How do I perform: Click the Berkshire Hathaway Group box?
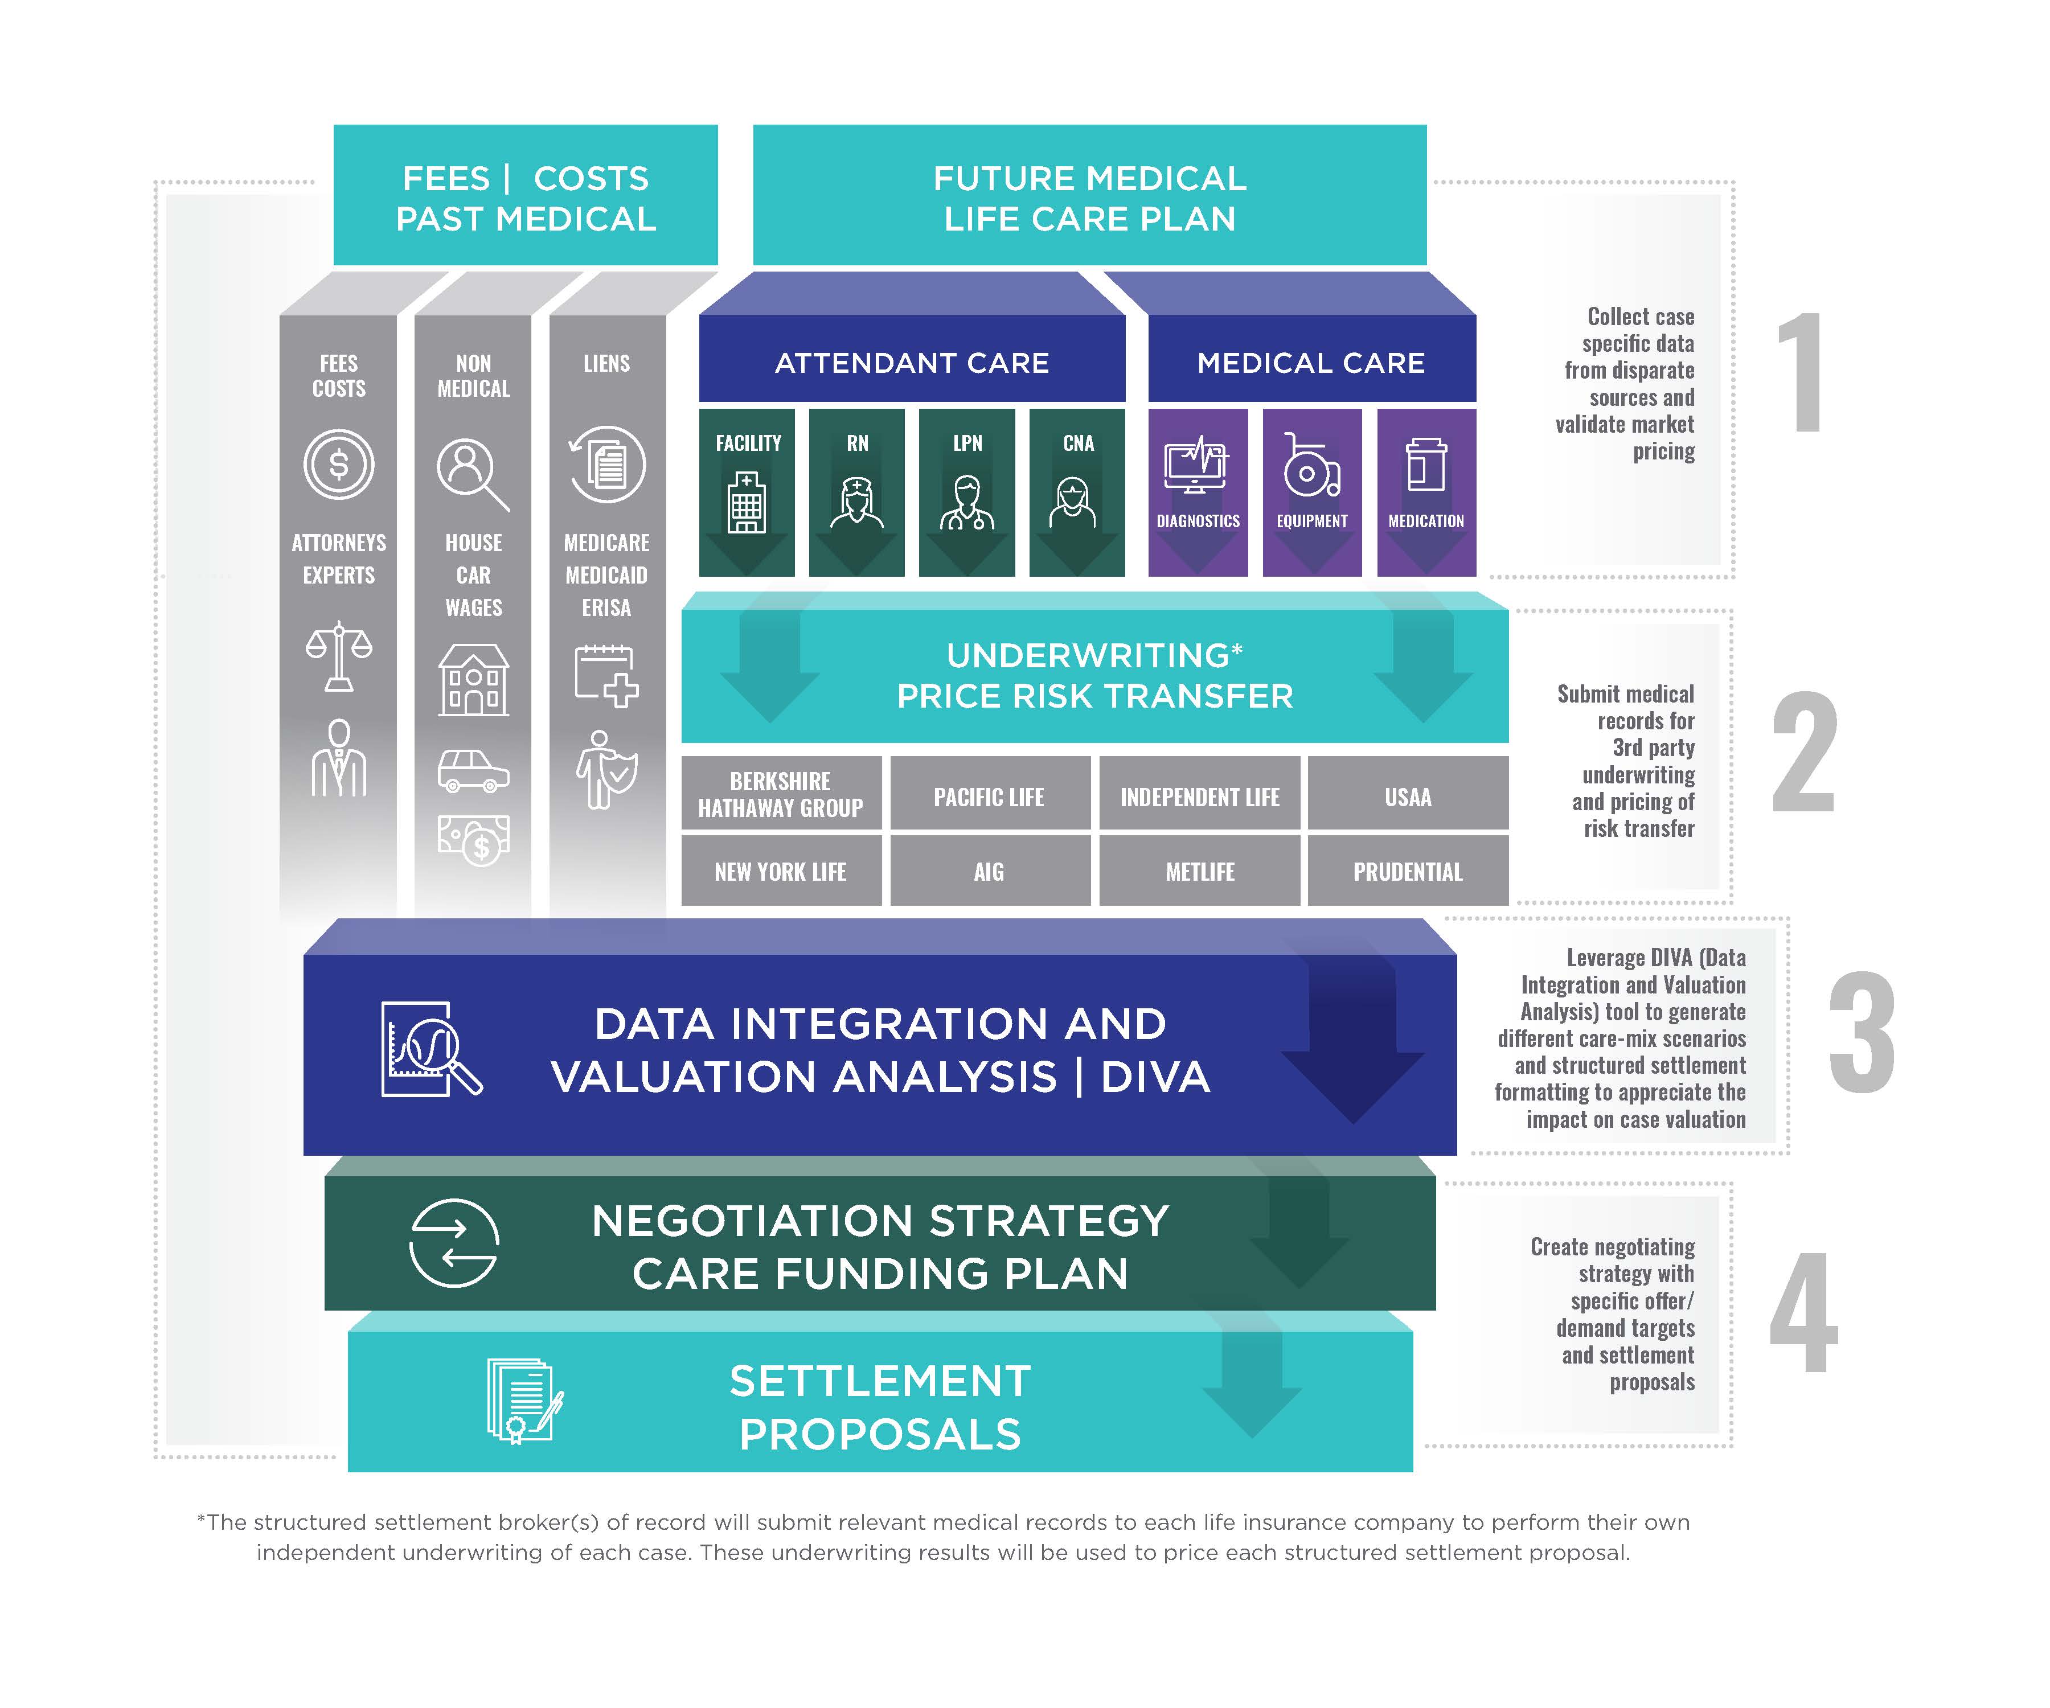[x=781, y=794]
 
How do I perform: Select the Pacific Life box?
[x=989, y=796]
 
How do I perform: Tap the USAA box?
[x=1408, y=796]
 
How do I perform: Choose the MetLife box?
[x=1200, y=871]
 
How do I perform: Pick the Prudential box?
[x=1408, y=871]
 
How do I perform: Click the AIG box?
[x=989, y=871]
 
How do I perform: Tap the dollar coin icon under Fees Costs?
[x=339, y=465]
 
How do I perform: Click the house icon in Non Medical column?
[x=473, y=680]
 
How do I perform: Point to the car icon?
[x=473, y=770]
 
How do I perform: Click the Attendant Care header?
[x=912, y=362]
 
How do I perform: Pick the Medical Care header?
[x=1311, y=362]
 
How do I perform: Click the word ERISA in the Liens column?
[x=606, y=607]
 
